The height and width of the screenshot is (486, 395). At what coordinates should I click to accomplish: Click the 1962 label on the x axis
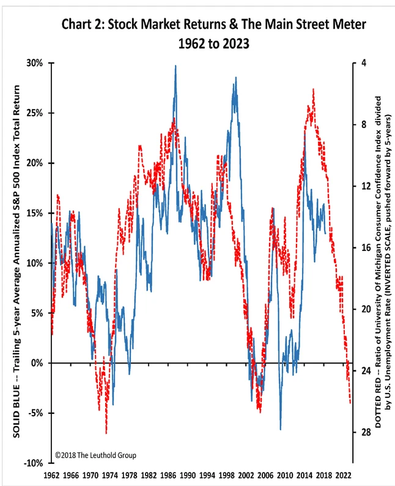click(53, 475)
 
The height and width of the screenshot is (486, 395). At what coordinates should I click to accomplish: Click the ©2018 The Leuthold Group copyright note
click(95, 455)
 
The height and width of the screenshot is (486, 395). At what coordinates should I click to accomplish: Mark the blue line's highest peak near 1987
click(176, 65)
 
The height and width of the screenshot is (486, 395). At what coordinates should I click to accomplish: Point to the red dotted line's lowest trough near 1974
click(106, 433)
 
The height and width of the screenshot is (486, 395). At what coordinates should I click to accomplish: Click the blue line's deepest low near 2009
click(281, 430)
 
